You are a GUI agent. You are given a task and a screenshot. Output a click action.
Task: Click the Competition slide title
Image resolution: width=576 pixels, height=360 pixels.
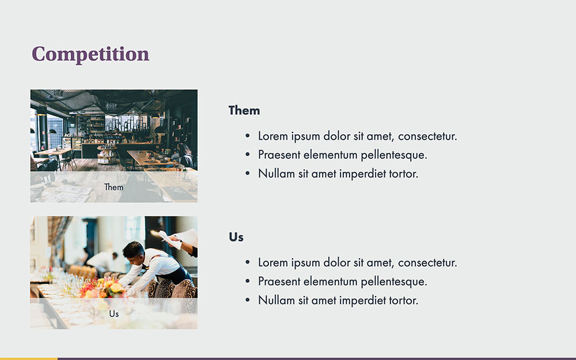tap(90, 54)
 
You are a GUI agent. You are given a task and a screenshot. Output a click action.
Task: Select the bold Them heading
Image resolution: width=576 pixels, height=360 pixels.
tap(244, 110)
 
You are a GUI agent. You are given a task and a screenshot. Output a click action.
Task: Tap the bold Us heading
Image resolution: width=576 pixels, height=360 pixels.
tap(236, 237)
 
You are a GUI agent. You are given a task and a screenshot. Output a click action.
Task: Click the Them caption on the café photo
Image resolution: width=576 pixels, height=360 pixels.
tap(114, 187)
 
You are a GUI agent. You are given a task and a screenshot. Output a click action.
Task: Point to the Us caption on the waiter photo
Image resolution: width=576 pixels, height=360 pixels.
tap(114, 314)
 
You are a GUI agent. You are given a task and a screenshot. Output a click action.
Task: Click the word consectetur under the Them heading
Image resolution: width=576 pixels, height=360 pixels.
tap(427, 137)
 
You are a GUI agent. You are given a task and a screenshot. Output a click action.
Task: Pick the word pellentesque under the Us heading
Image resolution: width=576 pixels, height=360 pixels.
tap(394, 282)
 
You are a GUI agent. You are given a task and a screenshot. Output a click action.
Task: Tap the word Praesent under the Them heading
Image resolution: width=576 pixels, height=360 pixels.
tap(279, 154)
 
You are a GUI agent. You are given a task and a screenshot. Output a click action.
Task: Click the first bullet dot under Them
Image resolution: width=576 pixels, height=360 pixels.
tap(248, 136)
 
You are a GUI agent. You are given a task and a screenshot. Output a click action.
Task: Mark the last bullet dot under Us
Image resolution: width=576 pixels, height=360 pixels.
tap(248, 300)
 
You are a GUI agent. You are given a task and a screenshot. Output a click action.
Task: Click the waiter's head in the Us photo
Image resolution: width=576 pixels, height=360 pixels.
tap(133, 251)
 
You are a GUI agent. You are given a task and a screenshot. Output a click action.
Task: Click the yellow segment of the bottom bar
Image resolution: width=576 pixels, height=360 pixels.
tap(29, 358)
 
